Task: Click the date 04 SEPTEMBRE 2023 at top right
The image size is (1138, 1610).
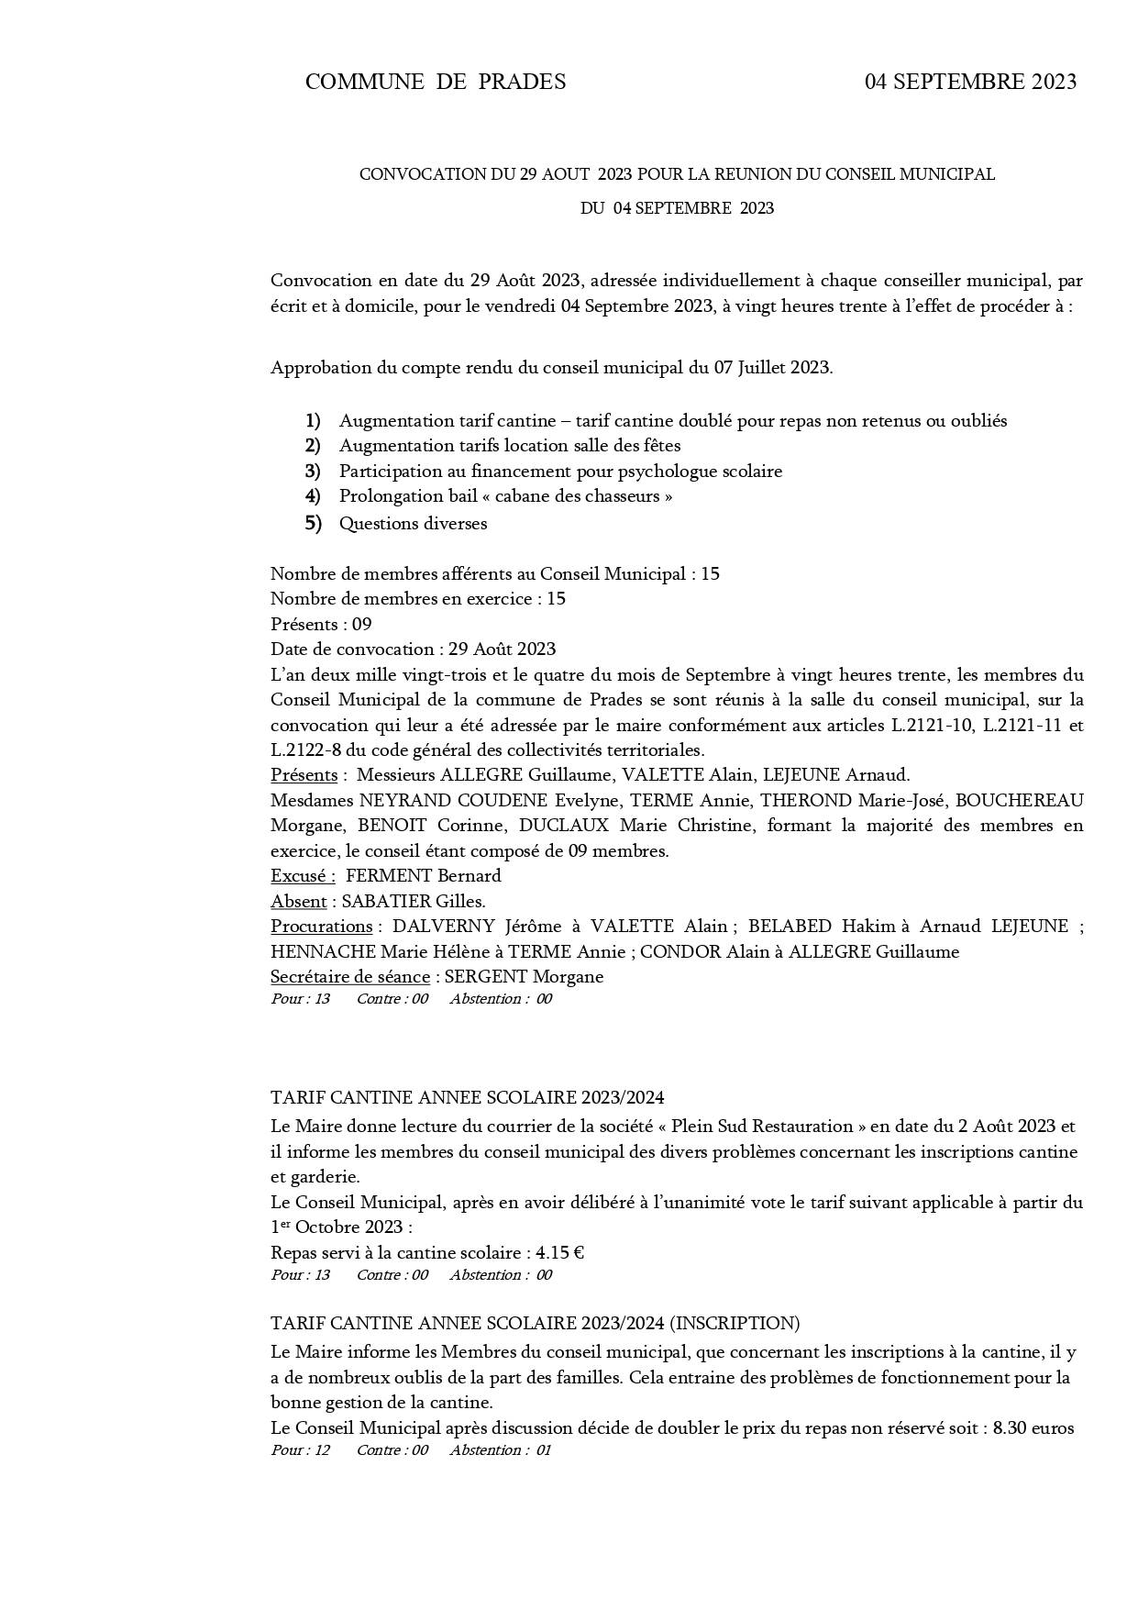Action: coord(970,82)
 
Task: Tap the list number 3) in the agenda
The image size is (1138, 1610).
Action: coord(313,471)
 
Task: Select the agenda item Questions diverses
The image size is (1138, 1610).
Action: coord(413,524)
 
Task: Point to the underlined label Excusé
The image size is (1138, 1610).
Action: coord(303,875)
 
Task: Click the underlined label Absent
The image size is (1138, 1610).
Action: coord(299,901)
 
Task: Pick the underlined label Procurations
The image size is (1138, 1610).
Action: coord(321,926)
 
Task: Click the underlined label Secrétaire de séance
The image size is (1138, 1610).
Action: coord(349,976)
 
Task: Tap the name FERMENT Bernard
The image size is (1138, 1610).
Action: coord(423,875)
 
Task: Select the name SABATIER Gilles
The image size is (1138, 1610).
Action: coord(413,901)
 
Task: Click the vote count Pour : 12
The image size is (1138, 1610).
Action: coord(300,1450)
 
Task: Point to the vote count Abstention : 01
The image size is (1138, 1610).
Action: coord(501,1450)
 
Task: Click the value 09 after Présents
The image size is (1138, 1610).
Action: coord(361,624)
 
